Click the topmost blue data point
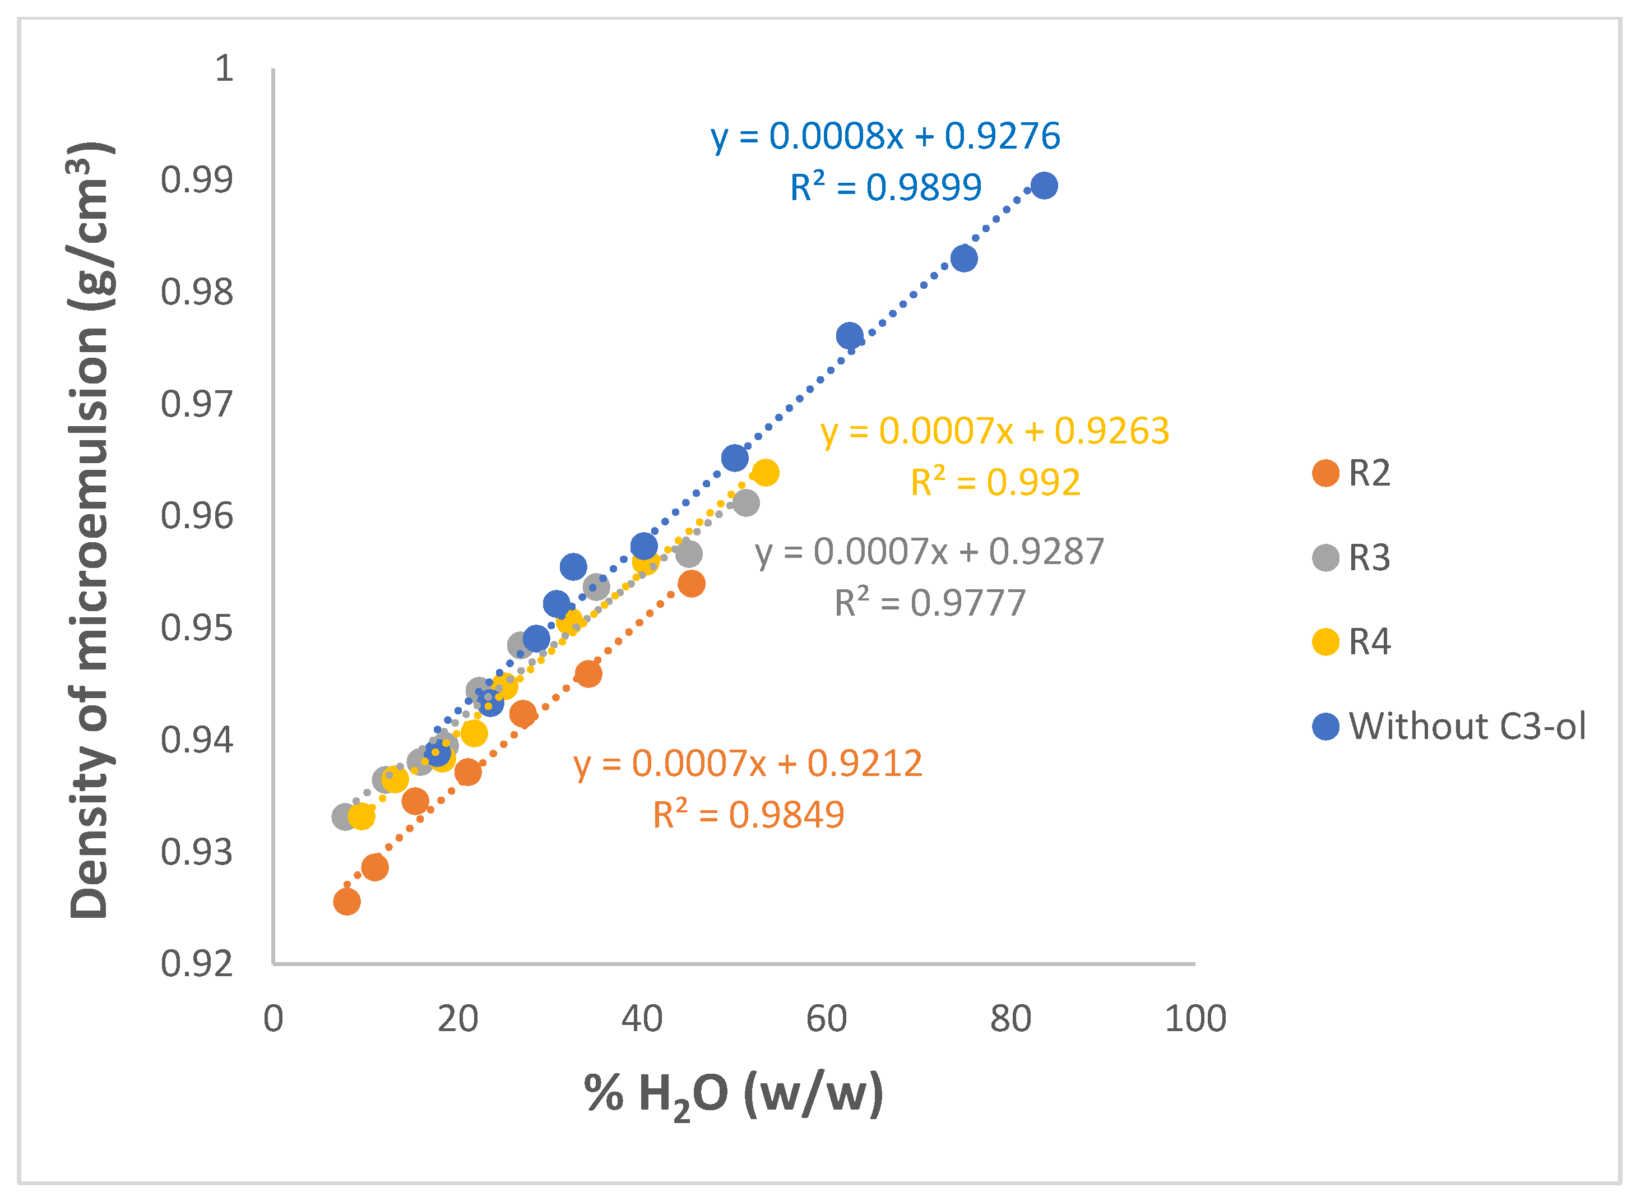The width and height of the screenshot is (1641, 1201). [1044, 186]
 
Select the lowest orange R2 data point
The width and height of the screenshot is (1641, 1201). [347, 902]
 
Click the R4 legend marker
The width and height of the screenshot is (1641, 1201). [1325, 642]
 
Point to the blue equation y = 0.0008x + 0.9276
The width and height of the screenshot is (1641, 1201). [885, 136]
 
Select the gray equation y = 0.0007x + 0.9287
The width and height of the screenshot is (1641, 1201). [929, 551]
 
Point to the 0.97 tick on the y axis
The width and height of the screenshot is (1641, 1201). [197, 404]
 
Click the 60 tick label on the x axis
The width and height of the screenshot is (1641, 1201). [826, 1019]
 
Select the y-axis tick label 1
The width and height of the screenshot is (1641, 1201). [224, 68]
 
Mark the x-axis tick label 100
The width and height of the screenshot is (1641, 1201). [1195, 1019]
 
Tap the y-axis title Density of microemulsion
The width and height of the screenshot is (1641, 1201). [90, 531]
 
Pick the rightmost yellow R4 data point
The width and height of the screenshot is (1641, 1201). [765, 473]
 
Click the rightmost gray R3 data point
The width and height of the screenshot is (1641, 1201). [745, 502]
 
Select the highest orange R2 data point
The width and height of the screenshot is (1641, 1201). [691, 584]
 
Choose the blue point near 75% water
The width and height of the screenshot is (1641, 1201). [963, 258]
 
